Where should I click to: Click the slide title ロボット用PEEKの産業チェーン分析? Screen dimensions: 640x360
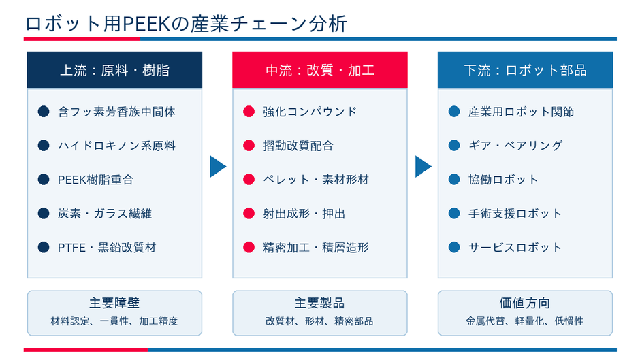coord(186,24)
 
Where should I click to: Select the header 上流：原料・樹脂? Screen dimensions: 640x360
coord(114,70)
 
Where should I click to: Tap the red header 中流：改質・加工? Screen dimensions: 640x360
coord(320,70)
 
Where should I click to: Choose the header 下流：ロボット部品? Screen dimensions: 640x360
coord(526,70)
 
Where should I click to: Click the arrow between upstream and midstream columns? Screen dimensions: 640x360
coord(218,167)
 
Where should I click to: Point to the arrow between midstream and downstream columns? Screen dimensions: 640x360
coord(423,167)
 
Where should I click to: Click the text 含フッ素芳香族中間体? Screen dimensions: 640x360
coord(116,112)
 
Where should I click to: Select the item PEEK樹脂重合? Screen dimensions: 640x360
coord(95,180)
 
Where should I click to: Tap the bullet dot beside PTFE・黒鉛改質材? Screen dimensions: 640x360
coord(44,247)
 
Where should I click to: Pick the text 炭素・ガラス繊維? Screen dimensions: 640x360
coord(105,214)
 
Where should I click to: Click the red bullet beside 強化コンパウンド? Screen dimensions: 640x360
coord(249,112)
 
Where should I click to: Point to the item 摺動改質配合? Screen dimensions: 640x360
coord(298,146)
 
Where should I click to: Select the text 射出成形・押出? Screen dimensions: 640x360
coord(304,214)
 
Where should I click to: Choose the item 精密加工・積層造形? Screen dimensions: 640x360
coord(317,247)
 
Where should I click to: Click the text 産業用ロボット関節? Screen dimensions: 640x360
coord(522,112)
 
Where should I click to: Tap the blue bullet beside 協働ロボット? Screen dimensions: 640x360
coord(454,179)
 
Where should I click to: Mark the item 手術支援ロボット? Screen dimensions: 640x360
coord(515,214)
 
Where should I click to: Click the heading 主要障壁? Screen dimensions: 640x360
coord(114,303)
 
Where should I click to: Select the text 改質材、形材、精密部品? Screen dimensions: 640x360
coord(319,321)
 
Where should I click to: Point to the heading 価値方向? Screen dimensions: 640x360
coord(525,303)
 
